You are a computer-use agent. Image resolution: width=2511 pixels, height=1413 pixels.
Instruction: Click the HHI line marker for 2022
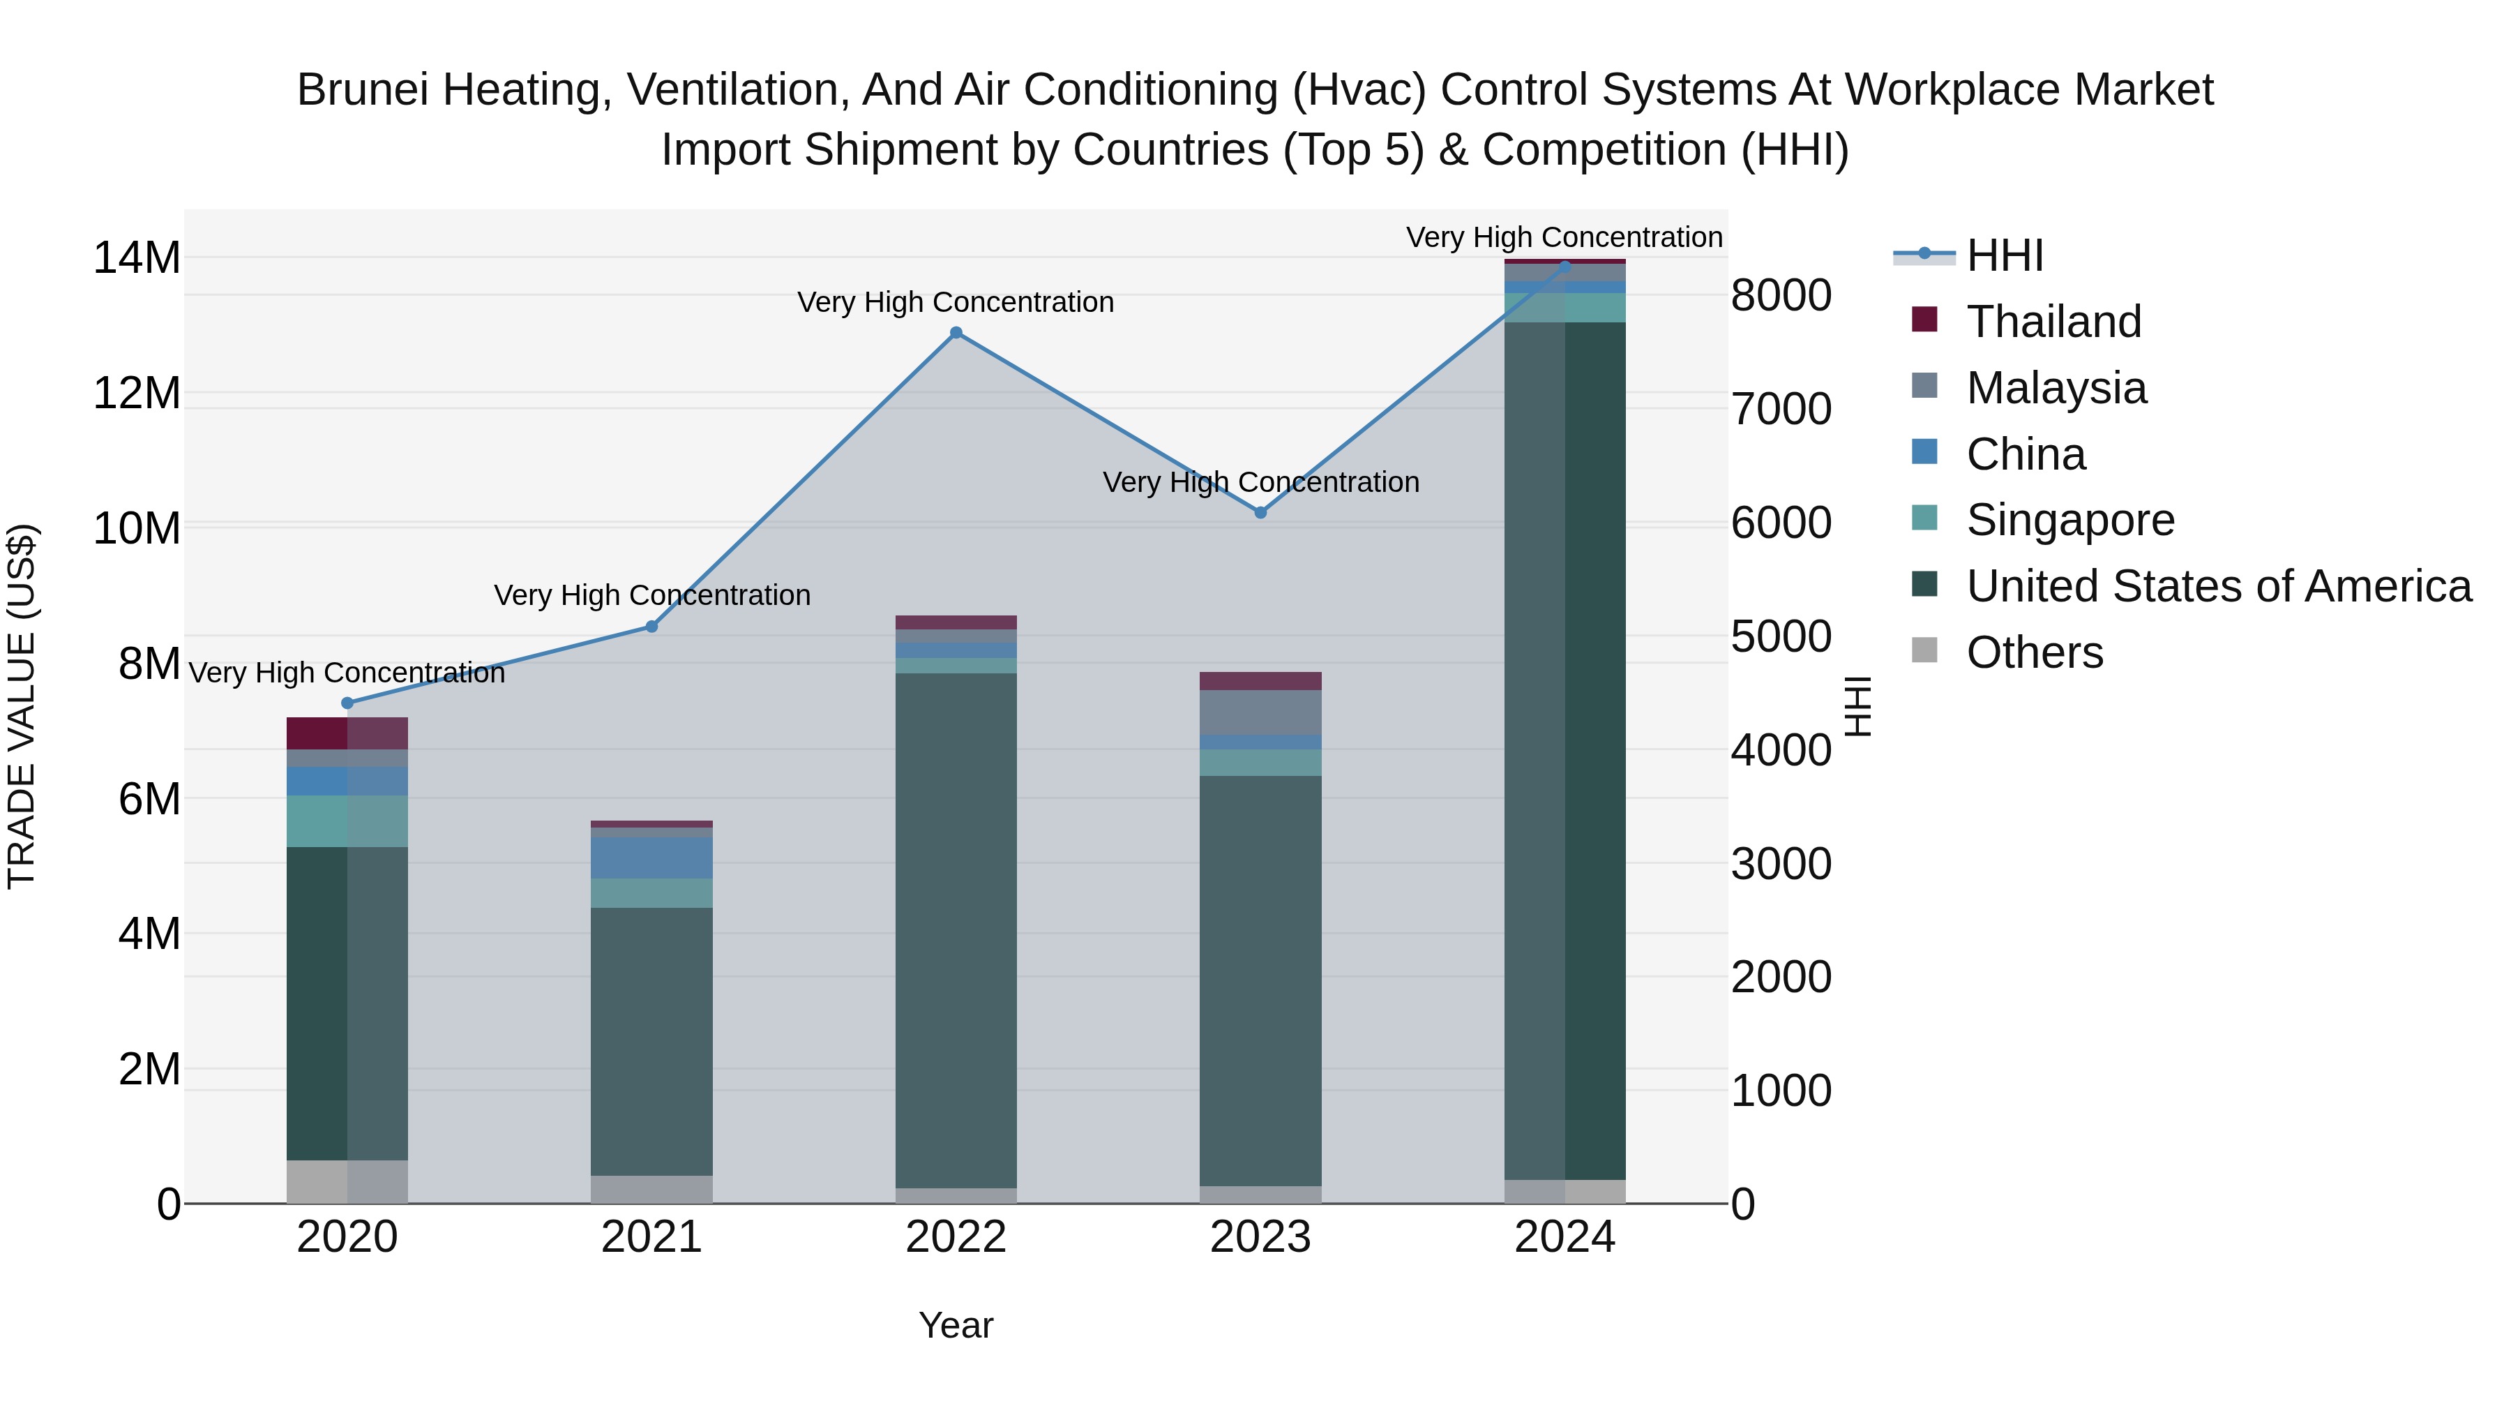click(x=956, y=334)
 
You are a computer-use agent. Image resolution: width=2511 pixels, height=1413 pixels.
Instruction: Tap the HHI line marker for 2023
click(x=1260, y=513)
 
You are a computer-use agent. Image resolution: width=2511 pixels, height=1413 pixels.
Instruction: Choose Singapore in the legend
click(x=2069, y=520)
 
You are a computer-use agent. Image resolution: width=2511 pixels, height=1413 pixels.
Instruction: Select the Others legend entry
click(x=2035, y=652)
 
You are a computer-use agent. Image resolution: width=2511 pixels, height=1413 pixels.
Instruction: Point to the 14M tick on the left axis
click(x=137, y=258)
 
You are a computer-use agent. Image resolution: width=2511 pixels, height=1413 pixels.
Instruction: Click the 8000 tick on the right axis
click(x=1781, y=295)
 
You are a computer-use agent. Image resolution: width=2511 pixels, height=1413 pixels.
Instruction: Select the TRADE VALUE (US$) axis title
click(x=22, y=707)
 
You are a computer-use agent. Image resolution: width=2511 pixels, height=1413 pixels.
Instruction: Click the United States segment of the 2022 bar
click(x=956, y=927)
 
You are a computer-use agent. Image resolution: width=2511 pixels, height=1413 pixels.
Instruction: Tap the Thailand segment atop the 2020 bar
click(x=347, y=733)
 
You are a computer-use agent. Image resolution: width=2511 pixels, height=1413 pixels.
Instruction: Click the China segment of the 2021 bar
click(x=652, y=858)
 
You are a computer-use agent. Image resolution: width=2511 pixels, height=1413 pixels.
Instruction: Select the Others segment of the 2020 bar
click(x=347, y=1182)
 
